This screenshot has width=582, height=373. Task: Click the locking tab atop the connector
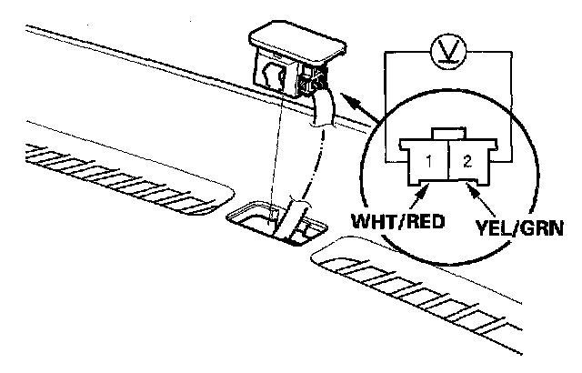coord(446,134)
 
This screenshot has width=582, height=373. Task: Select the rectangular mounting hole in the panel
coord(273,218)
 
